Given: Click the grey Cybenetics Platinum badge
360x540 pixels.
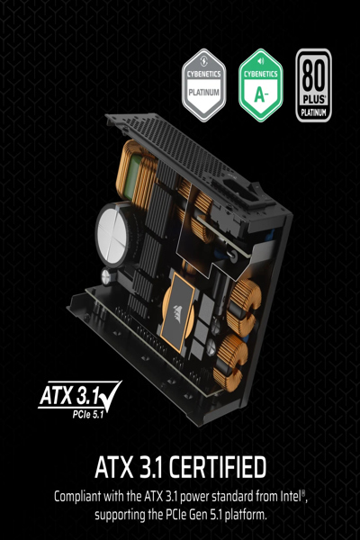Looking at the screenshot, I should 204,85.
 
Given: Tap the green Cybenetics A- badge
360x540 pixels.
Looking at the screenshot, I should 260,85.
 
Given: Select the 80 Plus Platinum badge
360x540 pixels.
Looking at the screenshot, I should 314,85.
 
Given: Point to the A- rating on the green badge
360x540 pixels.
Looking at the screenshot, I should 260,93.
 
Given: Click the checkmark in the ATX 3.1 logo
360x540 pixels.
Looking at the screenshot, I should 108,392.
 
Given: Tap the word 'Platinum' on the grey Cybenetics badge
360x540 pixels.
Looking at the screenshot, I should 204,92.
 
